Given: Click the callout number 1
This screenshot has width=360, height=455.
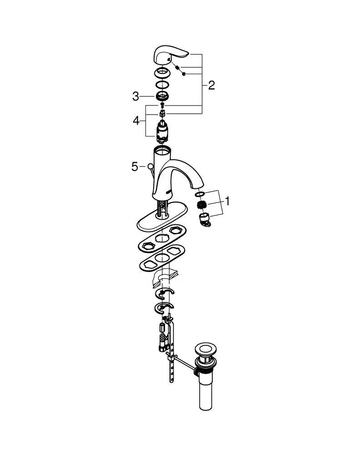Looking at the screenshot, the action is (227, 201).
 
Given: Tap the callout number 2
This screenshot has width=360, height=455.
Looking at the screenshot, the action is (212, 86).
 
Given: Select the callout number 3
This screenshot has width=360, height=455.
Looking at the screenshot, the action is (135, 96).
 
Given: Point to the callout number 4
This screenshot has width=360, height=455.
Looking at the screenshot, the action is (136, 121).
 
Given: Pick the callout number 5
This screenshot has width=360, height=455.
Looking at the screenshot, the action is (135, 167).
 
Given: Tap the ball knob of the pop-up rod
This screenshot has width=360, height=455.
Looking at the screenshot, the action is (150, 166).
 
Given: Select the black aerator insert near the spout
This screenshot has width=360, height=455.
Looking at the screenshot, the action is (201, 205).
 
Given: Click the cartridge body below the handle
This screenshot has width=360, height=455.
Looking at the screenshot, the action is (163, 131).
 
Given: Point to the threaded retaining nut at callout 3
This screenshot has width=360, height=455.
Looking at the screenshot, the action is (162, 96).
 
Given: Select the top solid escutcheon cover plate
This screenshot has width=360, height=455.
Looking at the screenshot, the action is (162, 217).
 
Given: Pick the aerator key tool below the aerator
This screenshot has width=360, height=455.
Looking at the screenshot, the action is (205, 220).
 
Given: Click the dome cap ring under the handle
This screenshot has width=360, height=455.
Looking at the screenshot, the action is (162, 72).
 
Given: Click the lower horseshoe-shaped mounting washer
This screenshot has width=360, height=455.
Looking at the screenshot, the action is (163, 308).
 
